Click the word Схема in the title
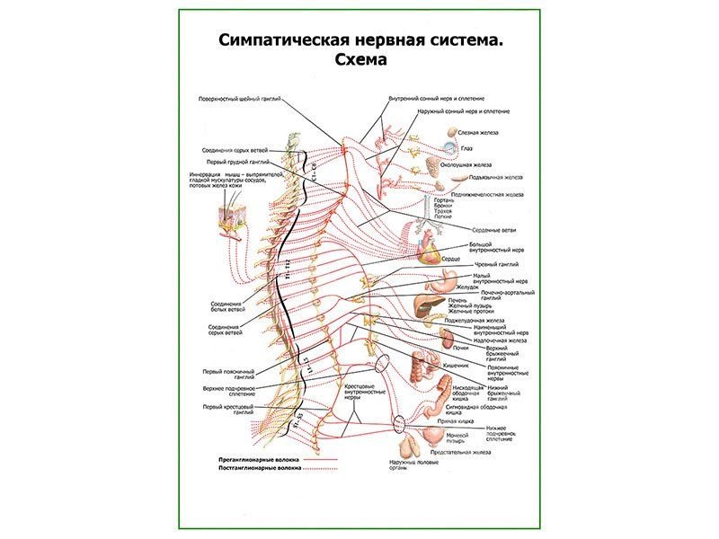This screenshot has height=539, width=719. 359,61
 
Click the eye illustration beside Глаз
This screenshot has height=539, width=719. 449,147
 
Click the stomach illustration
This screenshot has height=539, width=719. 443,280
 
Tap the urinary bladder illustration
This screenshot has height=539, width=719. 433,435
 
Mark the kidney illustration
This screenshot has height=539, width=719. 446,337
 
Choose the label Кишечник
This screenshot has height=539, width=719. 457,366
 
